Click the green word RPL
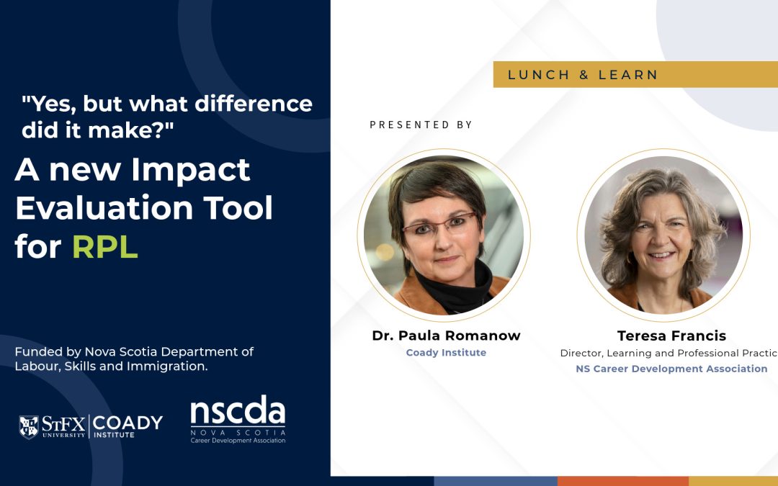pos(104,246)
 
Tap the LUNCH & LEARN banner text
pos(583,75)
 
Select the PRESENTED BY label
pos(421,125)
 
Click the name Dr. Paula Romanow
pos(446,336)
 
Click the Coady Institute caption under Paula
pos(446,353)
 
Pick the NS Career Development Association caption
pos(671,369)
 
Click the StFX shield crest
pos(29,426)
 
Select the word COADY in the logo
pos(128,423)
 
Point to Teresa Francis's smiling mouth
pos(661,255)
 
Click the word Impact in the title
pos(191,170)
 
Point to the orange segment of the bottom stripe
pos(622,481)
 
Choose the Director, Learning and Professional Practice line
pos(669,353)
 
